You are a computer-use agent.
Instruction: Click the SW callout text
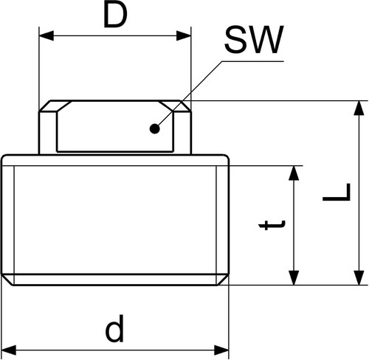(x=255, y=40)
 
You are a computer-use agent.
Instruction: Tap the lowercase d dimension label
(x=114, y=329)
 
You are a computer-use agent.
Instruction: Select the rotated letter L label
(x=337, y=193)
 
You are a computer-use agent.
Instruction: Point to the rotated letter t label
(x=272, y=225)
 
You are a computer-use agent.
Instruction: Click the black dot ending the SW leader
(x=155, y=128)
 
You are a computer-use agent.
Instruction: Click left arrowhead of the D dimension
(x=46, y=36)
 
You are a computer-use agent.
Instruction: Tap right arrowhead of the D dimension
(x=184, y=36)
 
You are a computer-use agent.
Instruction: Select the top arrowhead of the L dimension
(x=359, y=108)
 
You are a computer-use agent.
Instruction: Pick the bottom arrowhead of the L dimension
(x=359, y=278)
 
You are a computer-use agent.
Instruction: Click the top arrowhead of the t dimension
(x=294, y=173)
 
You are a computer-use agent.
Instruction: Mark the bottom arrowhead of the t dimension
(x=294, y=278)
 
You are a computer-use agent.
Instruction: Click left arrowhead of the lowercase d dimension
(x=9, y=350)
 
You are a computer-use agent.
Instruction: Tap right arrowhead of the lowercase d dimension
(x=221, y=350)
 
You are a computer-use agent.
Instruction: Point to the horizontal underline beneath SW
(x=252, y=61)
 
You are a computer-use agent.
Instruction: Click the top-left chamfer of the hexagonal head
(x=45, y=106)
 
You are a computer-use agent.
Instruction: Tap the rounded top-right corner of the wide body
(x=226, y=158)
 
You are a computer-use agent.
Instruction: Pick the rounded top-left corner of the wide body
(x=4, y=158)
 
